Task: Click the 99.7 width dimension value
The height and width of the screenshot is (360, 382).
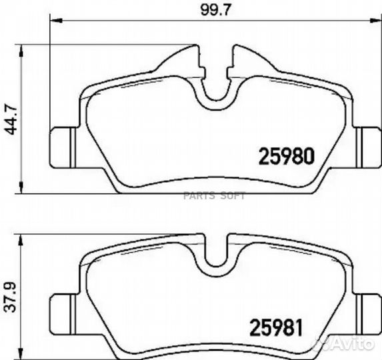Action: point(215,11)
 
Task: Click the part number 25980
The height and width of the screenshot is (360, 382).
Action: point(286,156)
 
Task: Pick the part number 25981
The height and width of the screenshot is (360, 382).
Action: point(276,327)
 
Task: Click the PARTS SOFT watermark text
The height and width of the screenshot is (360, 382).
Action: point(214,196)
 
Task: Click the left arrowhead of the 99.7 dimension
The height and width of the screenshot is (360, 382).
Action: point(56,21)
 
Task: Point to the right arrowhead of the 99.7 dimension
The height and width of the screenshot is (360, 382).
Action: point(375,21)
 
